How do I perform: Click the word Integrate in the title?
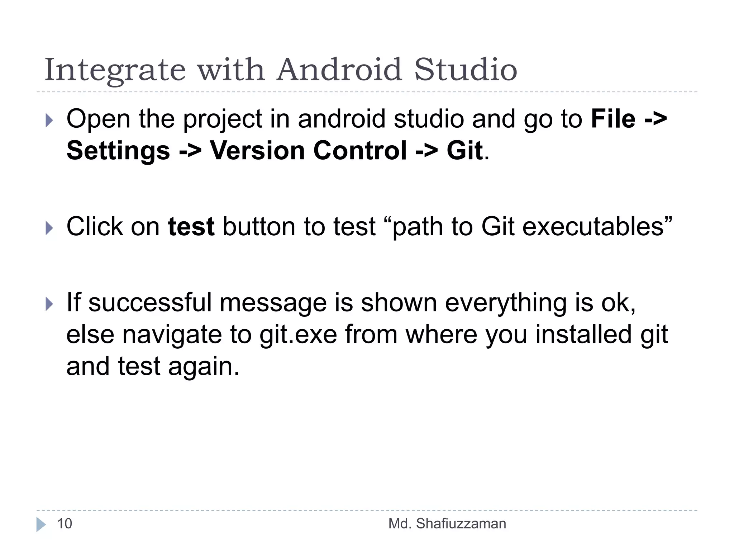(115, 70)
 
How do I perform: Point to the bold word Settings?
(118, 151)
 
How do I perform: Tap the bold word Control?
(360, 151)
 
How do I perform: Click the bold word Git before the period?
(464, 151)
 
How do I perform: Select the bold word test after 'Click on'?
(191, 227)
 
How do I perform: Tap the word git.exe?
(298, 335)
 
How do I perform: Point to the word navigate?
(172, 335)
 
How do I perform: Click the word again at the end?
(204, 367)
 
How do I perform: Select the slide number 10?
(65, 524)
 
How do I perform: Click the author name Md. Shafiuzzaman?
(447, 524)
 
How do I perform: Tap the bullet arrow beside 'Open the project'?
(49, 121)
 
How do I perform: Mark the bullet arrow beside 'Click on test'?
(49, 228)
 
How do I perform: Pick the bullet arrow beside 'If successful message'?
(49, 304)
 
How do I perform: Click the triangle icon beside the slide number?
(41, 524)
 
